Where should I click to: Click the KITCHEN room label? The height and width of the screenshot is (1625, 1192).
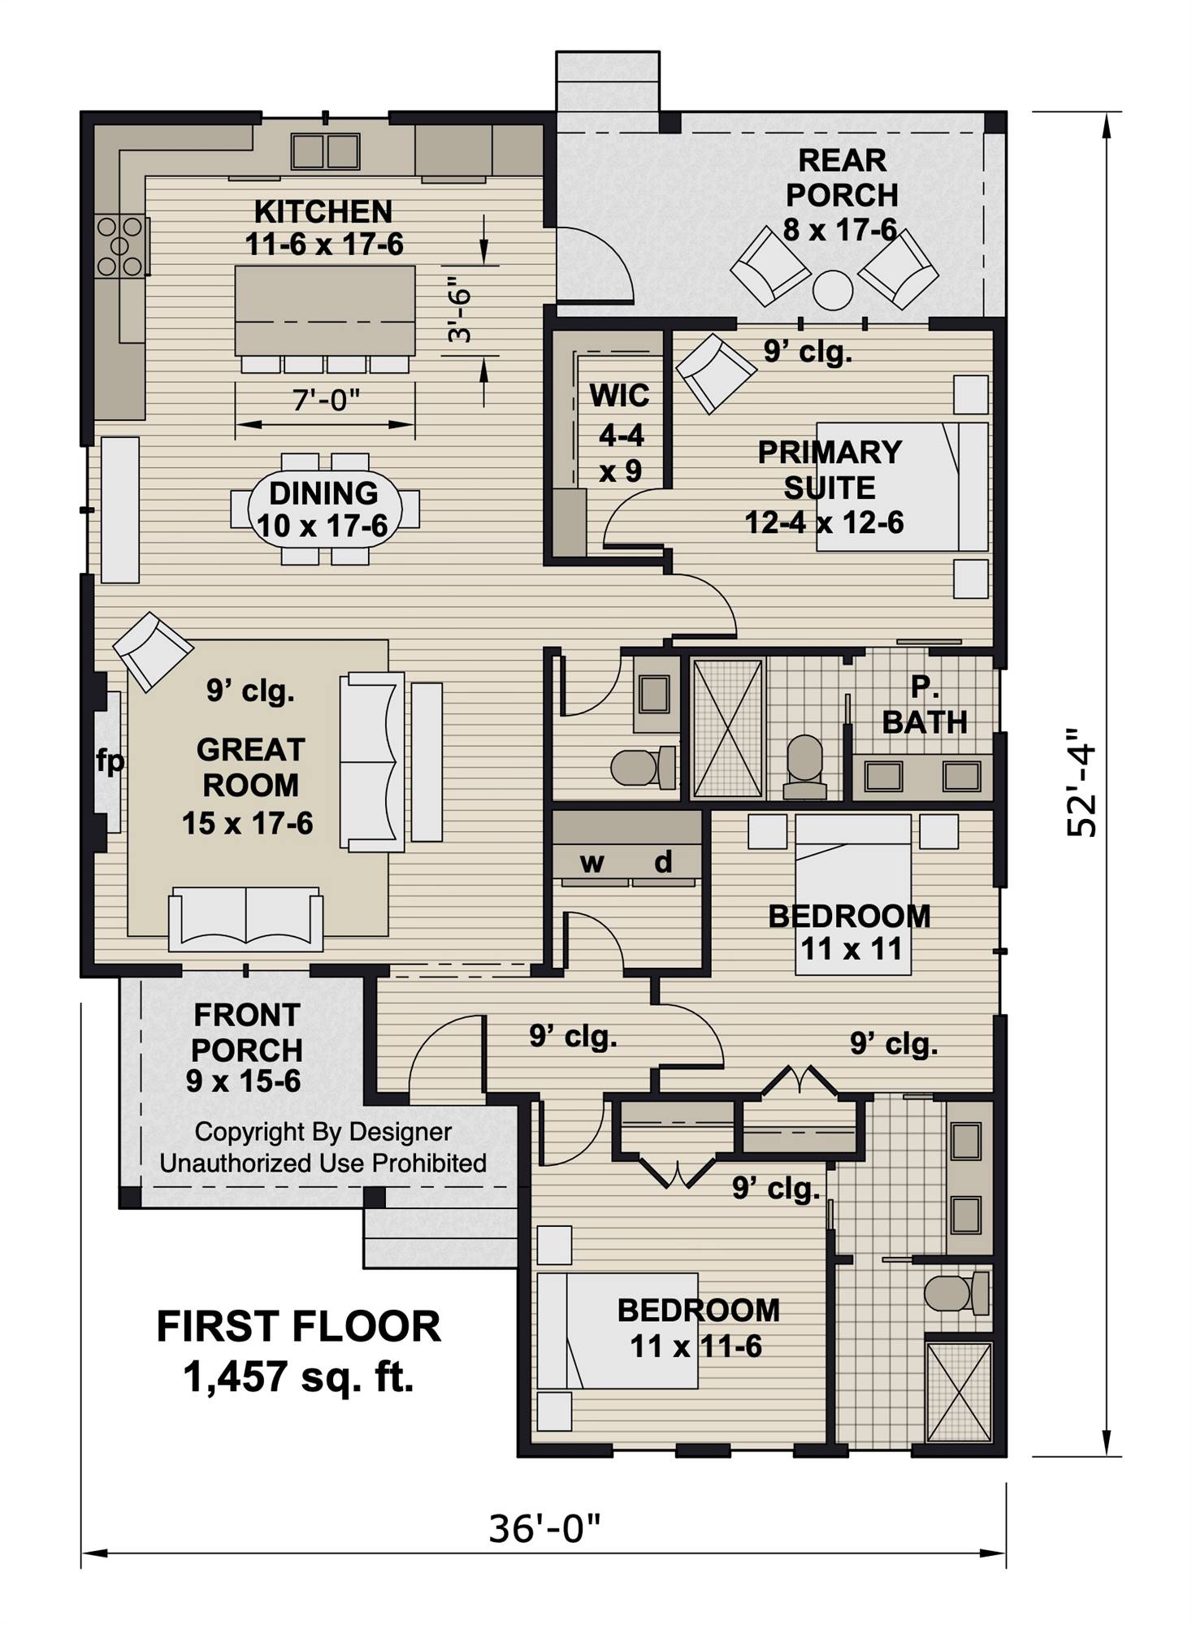323,212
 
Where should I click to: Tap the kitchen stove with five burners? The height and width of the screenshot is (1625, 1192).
120,245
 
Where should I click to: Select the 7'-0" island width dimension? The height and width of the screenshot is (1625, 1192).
325,400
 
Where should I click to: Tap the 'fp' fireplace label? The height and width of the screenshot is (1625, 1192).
111,762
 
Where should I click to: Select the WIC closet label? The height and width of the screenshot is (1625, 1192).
619,396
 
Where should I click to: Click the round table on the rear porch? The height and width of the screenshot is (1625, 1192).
833,290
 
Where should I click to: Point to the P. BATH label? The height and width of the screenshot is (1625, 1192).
925,704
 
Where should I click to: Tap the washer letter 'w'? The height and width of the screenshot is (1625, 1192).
592,863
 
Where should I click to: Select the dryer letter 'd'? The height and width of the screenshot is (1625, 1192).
663,861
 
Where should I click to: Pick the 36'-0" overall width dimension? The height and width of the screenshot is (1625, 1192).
544,1528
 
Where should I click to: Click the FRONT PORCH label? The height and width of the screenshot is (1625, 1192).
246,1032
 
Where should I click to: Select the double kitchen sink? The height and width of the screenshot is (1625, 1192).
325,151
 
